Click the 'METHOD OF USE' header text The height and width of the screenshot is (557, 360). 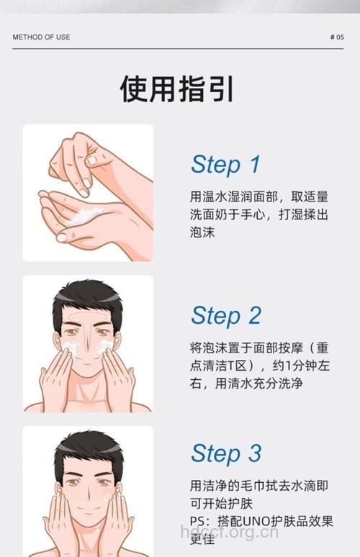41,37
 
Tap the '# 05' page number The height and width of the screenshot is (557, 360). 336,37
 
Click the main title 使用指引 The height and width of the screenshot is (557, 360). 177,89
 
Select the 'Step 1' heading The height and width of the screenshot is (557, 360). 225,164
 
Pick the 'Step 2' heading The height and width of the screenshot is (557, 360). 225,315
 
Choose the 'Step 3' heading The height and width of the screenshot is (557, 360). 225,453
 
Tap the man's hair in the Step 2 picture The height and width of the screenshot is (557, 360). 87,296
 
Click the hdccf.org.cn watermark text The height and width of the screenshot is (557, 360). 229,533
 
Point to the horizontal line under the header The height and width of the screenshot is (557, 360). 180,49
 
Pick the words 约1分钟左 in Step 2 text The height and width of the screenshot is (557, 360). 296,366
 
